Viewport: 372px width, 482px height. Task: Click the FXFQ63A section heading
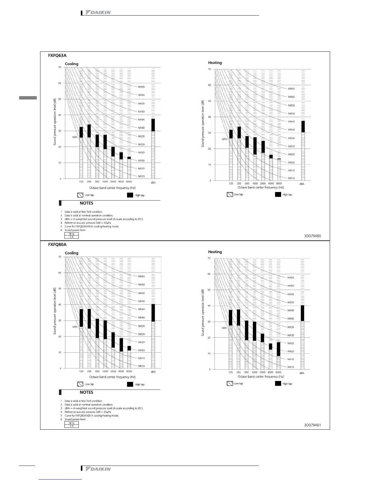pyautogui.click(x=57, y=55)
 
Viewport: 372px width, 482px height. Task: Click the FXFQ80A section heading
pyautogui.click(x=57, y=245)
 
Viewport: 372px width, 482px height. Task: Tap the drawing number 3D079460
pyautogui.click(x=312, y=236)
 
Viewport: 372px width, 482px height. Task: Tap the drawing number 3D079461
pyautogui.click(x=312, y=425)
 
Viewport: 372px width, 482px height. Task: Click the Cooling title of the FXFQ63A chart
pyautogui.click(x=72, y=64)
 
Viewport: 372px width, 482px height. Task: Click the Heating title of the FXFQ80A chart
pyautogui.click(x=215, y=252)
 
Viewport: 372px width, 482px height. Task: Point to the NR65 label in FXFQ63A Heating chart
pyautogui.click(x=291, y=89)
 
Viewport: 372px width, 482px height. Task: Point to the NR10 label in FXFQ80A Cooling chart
pyautogui.click(x=141, y=366)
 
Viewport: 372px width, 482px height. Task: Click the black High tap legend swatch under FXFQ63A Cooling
pyautogui.click(x=130, y=195)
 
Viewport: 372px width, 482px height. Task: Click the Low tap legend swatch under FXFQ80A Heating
pyautogui.click(x=230, y=383)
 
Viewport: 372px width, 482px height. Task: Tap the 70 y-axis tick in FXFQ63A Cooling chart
pyautogui.click(x=60, y=67)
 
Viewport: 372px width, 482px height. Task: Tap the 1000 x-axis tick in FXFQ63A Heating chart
pyautogui.click(x=255, y=183)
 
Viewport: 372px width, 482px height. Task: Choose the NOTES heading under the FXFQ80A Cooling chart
pyautogui.click(x=86, y=393)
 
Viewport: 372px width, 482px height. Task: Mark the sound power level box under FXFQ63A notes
pyautogui.click(x=71, y=235)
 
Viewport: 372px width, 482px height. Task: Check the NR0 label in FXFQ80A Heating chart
pyautogui.click(x=224, y=328)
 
